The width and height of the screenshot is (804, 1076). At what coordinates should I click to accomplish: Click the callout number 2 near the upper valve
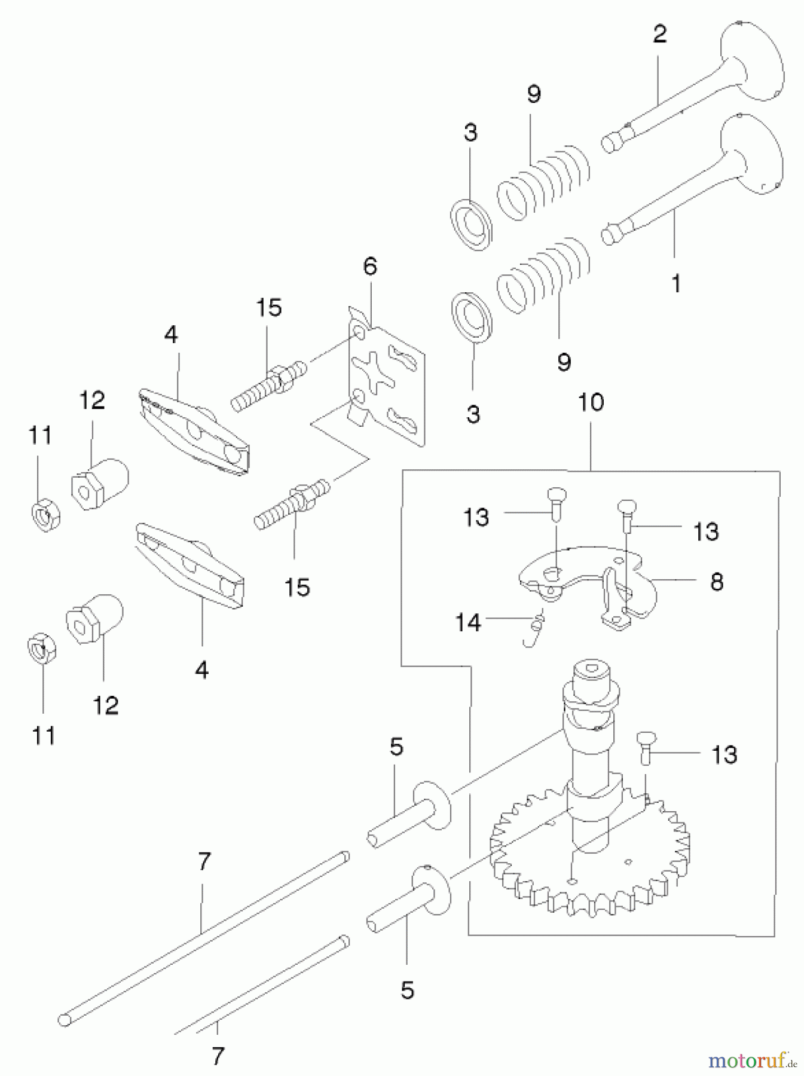click(659, 34)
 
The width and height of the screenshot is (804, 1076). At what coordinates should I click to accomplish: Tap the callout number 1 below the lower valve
click(675, 283)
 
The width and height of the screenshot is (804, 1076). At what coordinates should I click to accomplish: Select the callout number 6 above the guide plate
click(370, 267)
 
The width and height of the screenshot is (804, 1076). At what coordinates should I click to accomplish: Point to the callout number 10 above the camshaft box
click(591, 402)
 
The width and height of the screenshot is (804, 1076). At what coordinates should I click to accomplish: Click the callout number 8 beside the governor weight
click(717, 581)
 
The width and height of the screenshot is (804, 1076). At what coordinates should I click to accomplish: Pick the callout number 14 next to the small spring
click(467, 622)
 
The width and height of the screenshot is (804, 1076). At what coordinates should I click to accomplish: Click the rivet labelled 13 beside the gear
click(644, 747)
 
